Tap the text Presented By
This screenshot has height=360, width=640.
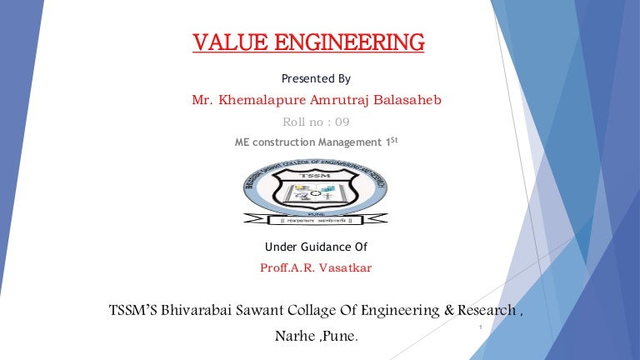coord(316,79)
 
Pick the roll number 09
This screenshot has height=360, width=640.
coord(342,122)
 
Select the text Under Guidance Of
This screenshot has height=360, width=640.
coord(316,247)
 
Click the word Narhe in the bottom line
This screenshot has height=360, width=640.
coord(293,338)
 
